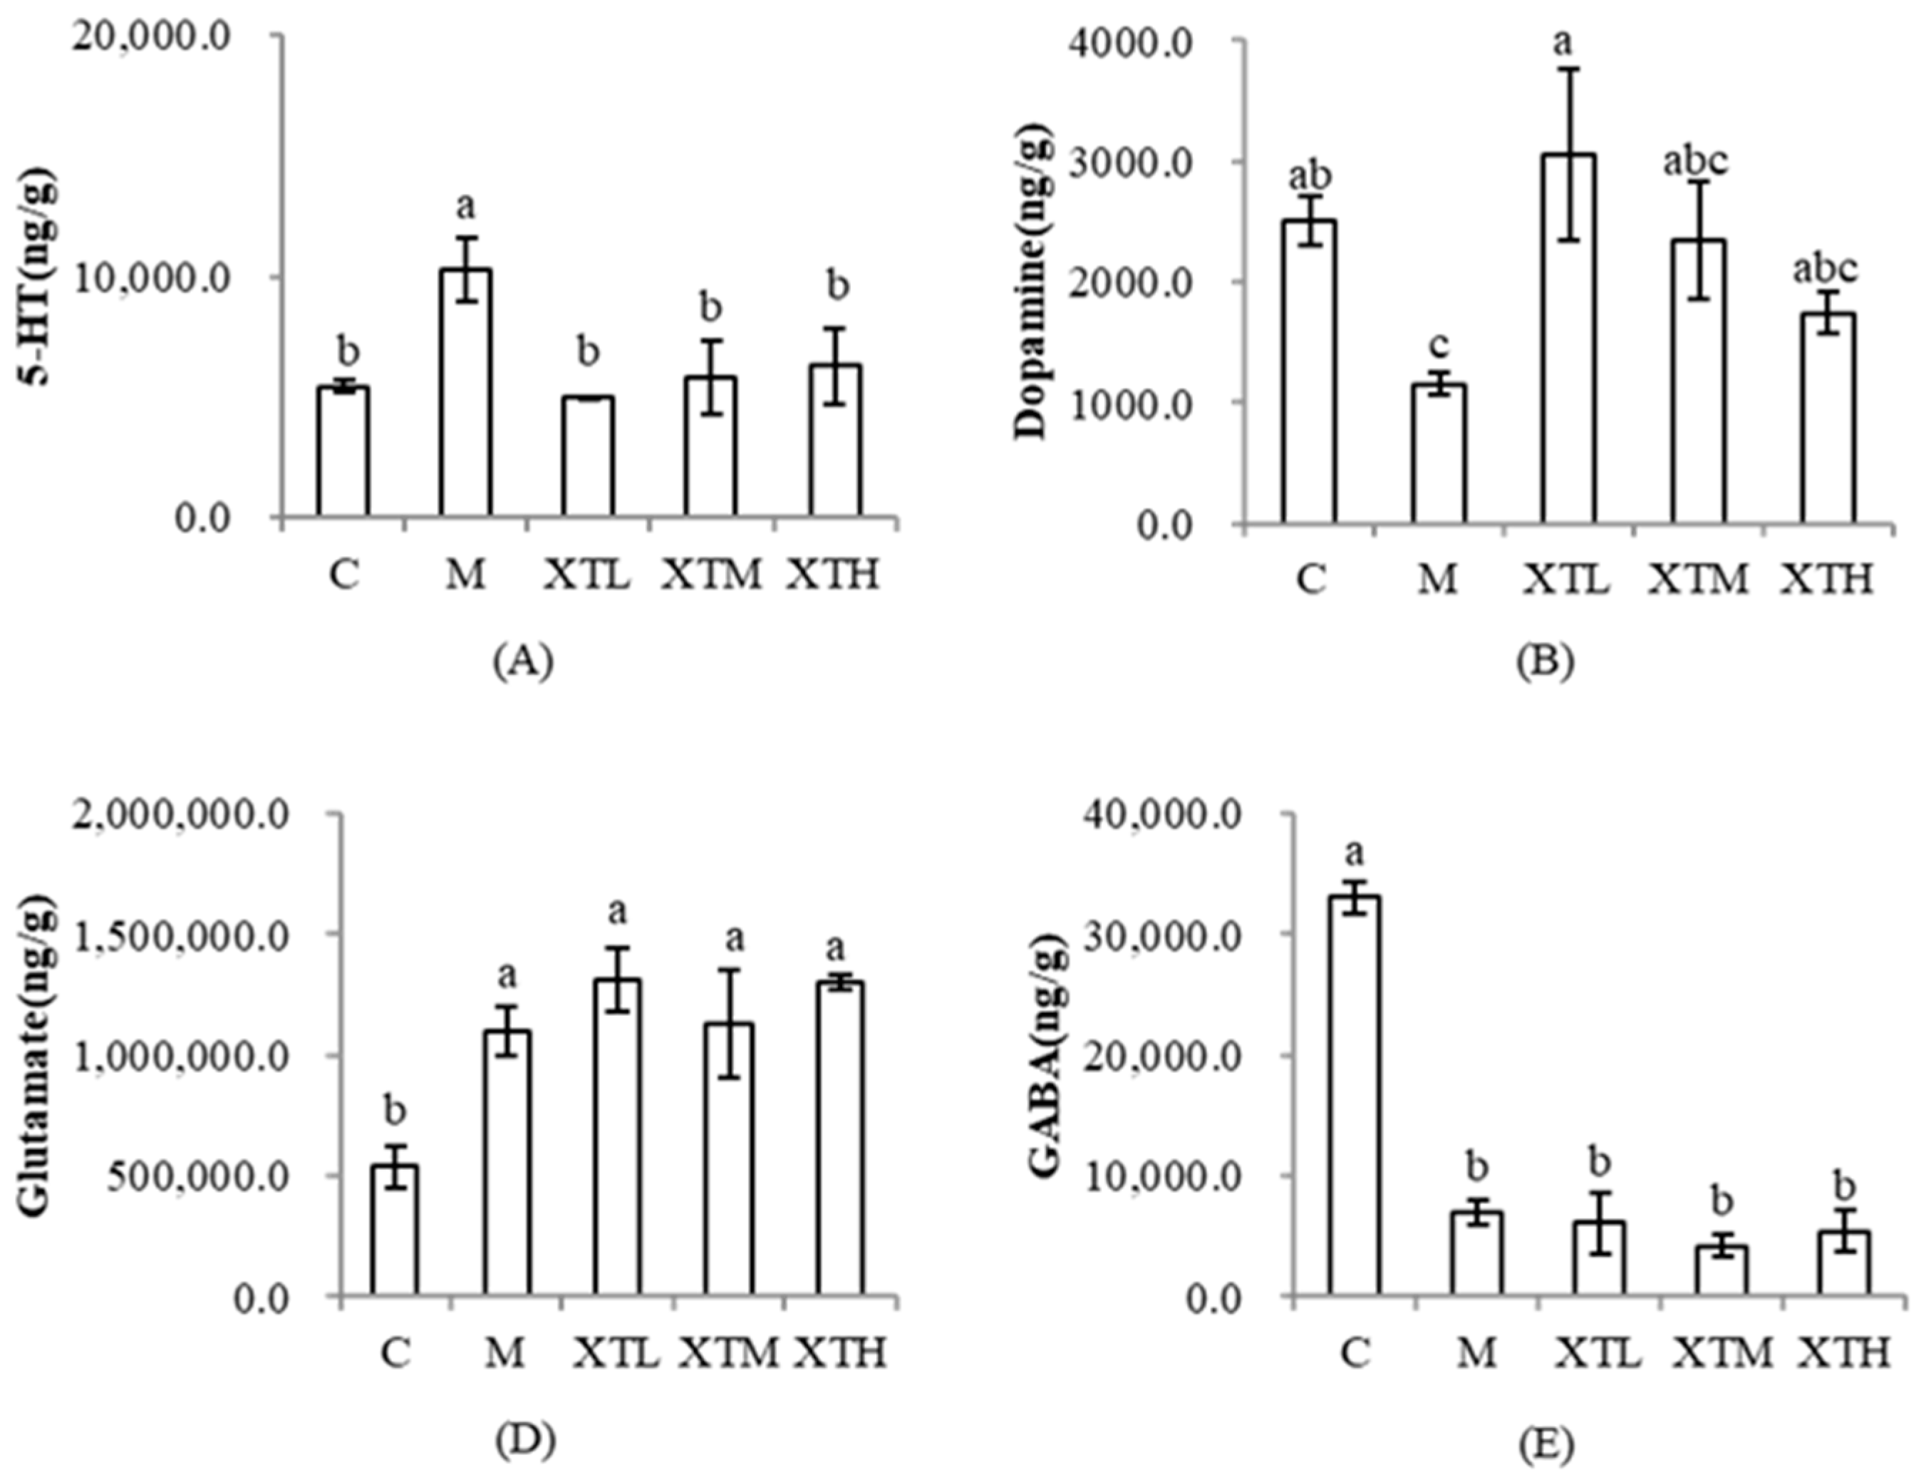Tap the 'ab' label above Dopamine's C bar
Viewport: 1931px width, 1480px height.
1310,175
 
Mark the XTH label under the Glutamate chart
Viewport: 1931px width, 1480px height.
840,1352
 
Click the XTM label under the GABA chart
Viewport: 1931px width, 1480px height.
1722,1352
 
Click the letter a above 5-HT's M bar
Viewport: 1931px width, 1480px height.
466,207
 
